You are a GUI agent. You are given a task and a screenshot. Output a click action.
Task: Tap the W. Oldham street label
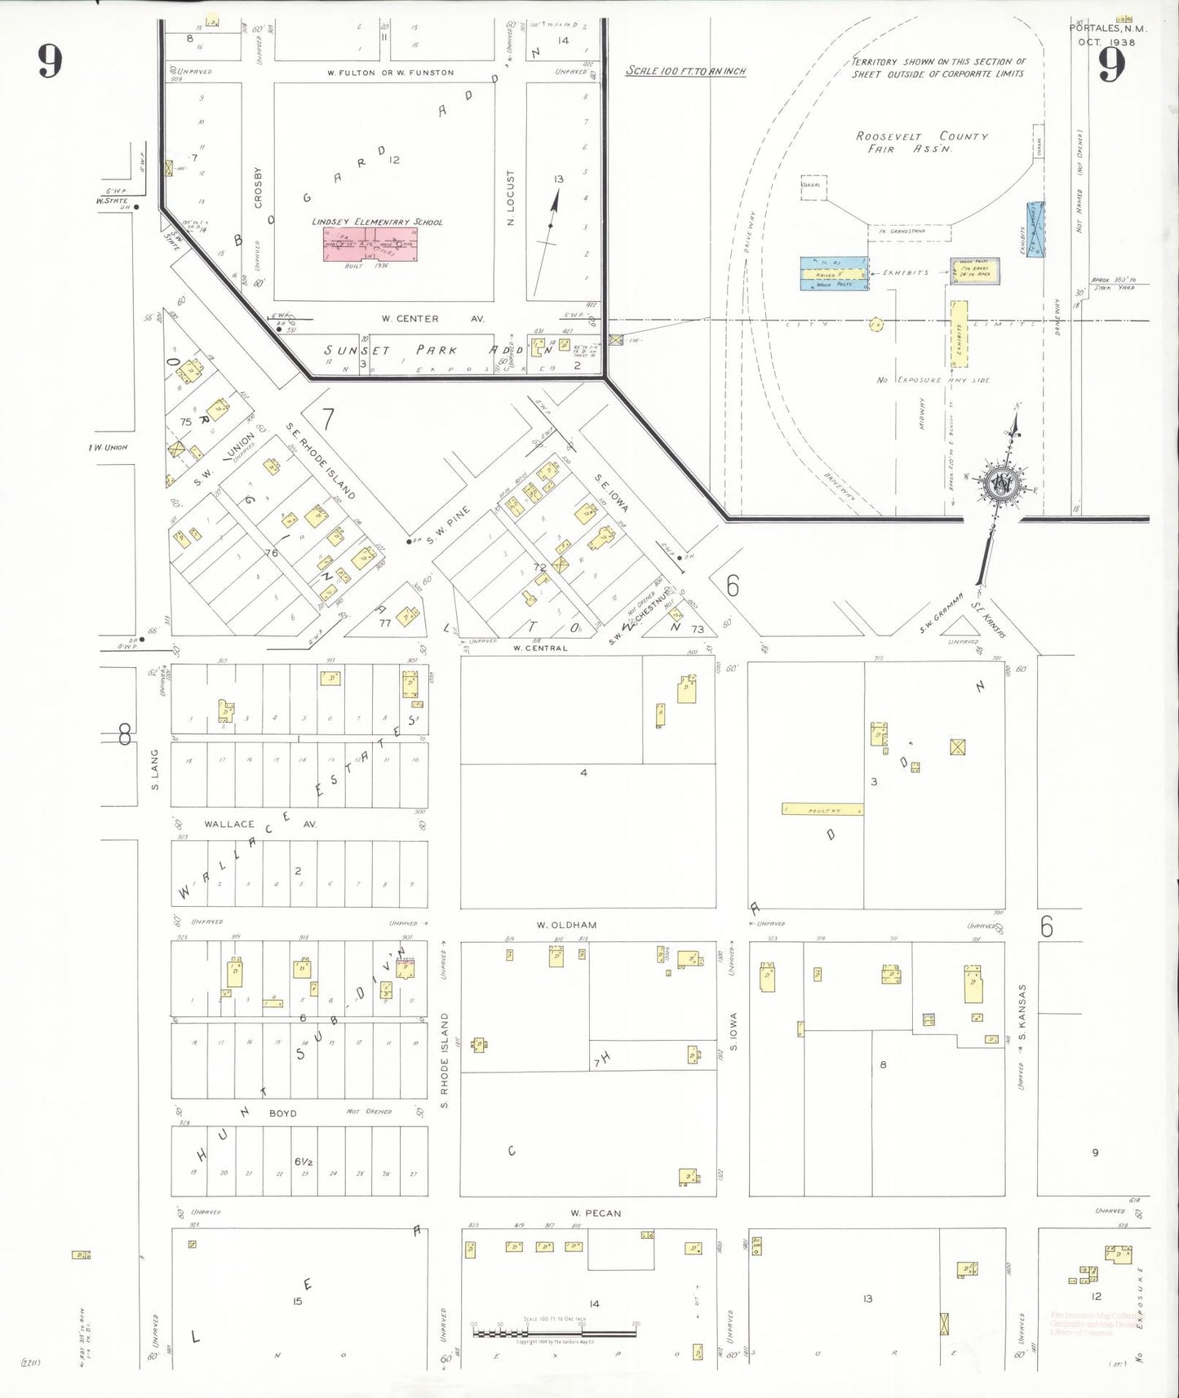pyautogui.click(x=566, y=925)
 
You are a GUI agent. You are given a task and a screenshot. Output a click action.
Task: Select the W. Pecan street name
pyautogui.click(x=596, y=1213)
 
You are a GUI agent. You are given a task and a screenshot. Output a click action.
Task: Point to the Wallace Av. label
pyautogui.click(x=260, y=824)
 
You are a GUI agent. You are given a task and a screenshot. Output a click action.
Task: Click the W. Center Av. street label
pyautogui.click(x=432, y=319)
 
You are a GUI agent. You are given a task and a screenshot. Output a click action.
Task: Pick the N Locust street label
pyautogui.click(x=512, y=198)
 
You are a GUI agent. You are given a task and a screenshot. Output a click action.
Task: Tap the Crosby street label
pyautogui.click(x=259, y=188)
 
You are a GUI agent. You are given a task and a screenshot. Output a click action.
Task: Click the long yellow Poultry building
pyautogui.click(x=822, y=810)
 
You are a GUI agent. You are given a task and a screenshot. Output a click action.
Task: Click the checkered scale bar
pyautogui.click(x=554, y=1334)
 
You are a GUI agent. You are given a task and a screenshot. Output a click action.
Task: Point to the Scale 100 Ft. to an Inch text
pyautogui.click(x=685, y=71)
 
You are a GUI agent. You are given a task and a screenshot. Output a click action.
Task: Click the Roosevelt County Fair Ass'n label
pyautogui.click(x=921, y=142)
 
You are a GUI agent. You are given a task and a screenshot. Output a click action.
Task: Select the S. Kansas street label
pyautogui.click(x=1022, y=1012)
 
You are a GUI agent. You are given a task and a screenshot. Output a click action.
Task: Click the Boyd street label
pyautogui.click(x=282, y=1113)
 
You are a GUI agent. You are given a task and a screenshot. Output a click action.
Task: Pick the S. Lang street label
pyautogui.click(x=155, y=770)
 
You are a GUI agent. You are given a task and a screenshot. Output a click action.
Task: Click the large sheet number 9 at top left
pyautogui.click(x=50, y=61)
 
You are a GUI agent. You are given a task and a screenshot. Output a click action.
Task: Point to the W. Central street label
pyautogui.click(x=539, y=648)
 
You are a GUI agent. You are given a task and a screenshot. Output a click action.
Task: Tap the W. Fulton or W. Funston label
pyautogui.click(x=390, y=73)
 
